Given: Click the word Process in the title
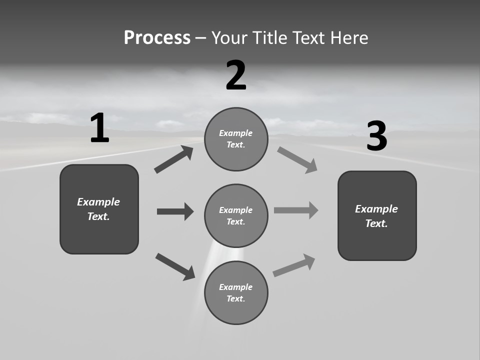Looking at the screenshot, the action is pos(157,38).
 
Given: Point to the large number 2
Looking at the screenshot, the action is pos(236,75).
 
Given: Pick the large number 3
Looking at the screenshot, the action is pos(376,136).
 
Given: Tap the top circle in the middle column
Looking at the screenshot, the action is pos(236,139).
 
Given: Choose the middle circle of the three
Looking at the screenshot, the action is pos(236,216).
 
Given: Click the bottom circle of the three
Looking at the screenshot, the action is pos(236,293).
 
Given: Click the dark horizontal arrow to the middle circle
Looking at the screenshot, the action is pos(175,211).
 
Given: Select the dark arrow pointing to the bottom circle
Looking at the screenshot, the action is pos(175,266).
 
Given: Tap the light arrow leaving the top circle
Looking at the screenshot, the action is pos(297,159).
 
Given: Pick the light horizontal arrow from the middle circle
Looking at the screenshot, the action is pos(296,210).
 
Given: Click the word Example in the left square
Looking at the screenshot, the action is pos(98,202).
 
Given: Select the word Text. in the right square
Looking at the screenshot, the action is pos(376,223).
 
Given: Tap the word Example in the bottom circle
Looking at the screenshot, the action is pos(236,287).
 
